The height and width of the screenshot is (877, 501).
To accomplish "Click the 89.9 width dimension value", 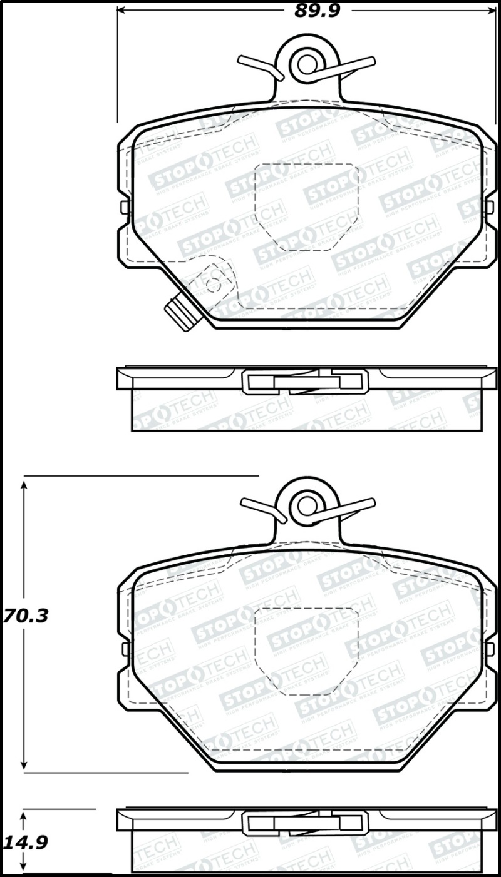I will pos(317,11).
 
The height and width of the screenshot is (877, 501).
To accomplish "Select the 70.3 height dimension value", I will pos(25,616).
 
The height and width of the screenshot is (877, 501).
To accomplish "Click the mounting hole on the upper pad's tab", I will pos(307,63).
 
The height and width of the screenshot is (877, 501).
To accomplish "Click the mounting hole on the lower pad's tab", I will pos(307,505).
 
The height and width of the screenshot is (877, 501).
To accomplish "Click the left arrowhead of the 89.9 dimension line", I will pos(123,11).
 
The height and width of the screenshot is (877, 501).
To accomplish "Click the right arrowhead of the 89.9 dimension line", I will pos(491,11).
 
